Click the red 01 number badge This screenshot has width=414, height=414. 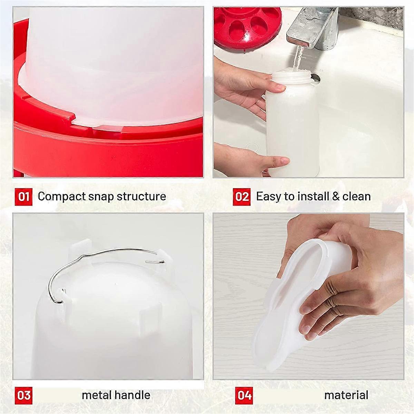(x=23, y=197)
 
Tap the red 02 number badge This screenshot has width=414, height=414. (x=241, y=197)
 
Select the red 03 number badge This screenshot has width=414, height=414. (x=23, y=395)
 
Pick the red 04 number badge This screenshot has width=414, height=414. (x=244, y=395)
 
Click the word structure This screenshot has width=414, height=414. (x=141, y=196)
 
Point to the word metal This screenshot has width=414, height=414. (x=96, y=395)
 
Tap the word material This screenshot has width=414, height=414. (x=346, y=395)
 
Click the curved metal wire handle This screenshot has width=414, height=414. (x=100, y=257)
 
